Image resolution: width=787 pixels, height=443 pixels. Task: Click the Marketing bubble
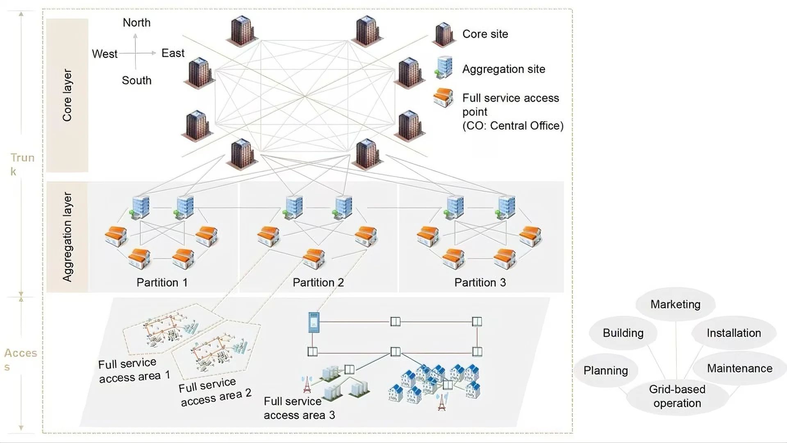point(675,304)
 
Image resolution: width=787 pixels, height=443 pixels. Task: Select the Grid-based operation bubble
point(677,396)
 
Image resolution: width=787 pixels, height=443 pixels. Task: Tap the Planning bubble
point(605,370)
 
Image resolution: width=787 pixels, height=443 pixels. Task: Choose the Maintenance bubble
point(739,368)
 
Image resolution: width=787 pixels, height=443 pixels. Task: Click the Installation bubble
point(733,333)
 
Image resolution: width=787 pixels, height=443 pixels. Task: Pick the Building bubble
point(623,333)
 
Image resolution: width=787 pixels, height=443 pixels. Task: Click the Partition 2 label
point(318,282)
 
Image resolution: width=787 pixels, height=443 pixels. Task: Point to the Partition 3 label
point(480,282)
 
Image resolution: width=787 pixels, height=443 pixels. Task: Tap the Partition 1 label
point(162,282)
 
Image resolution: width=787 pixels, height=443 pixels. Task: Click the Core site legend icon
point(444,34)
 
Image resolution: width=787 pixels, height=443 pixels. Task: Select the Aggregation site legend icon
point(444,68)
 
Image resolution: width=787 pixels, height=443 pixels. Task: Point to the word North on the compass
point(136,23)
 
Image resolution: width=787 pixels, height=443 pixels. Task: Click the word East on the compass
point(173,53)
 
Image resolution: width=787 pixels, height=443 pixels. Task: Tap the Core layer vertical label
point(67,95)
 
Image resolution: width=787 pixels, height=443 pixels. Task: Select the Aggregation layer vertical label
point(67,237)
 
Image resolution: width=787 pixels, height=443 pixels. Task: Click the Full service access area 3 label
point(299,408)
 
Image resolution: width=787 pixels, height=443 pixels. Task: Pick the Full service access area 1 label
point(134,370)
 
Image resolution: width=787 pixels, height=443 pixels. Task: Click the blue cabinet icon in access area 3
point(314,322)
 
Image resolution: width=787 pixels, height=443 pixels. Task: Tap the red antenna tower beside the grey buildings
point(306,384)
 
